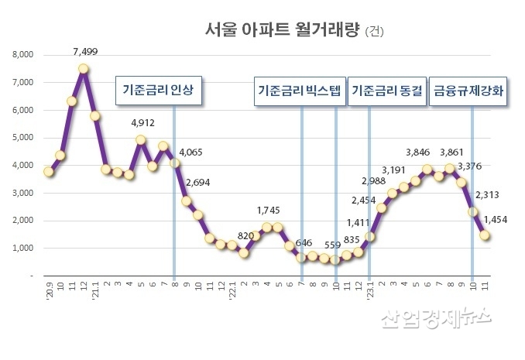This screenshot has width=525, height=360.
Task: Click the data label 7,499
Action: [x=85, y=52]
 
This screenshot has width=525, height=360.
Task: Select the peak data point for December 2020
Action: [x=83, y=68]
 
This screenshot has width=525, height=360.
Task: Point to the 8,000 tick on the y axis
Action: [x=21, y=55]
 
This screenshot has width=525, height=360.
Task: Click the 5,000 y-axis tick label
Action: [x=21, y=138]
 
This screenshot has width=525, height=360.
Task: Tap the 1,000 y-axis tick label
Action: [x=21, y=249]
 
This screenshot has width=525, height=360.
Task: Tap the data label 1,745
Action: [x=269, y=211]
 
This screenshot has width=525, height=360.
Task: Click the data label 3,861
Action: [x=455, y=152]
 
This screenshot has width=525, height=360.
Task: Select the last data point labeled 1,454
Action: [x=485, y=235]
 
